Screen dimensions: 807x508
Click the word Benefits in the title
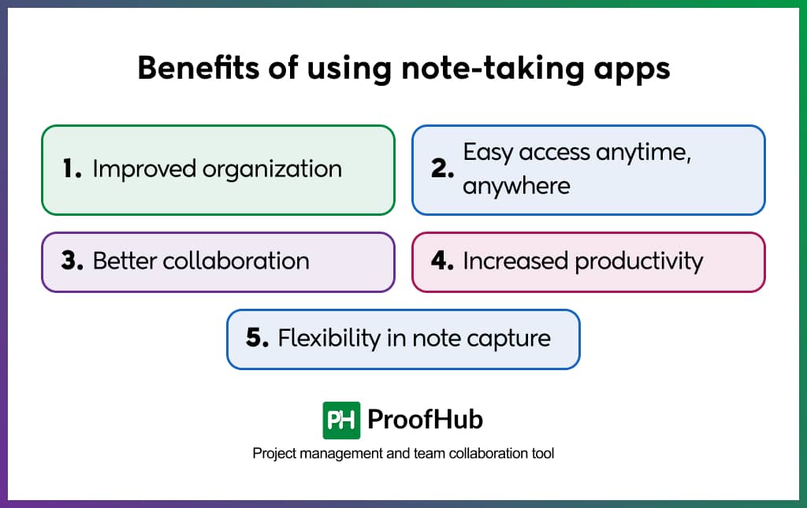tap(198, 68)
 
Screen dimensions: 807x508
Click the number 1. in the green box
tap(72, 169)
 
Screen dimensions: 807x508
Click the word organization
tap(272, 170)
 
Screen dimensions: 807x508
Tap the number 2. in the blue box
tap(443, 168)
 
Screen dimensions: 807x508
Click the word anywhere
tap(516, 186)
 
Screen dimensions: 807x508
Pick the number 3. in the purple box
tap(72, 261)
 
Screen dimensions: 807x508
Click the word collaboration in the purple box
tap(236, 261)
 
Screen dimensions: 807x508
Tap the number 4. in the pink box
tap(443, 261)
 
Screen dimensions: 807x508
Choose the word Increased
tap(515, 261)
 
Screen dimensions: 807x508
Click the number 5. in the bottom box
tap(258, 338)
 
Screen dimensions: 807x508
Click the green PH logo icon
tap(341, 421)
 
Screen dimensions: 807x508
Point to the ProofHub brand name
tap(425, 420)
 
